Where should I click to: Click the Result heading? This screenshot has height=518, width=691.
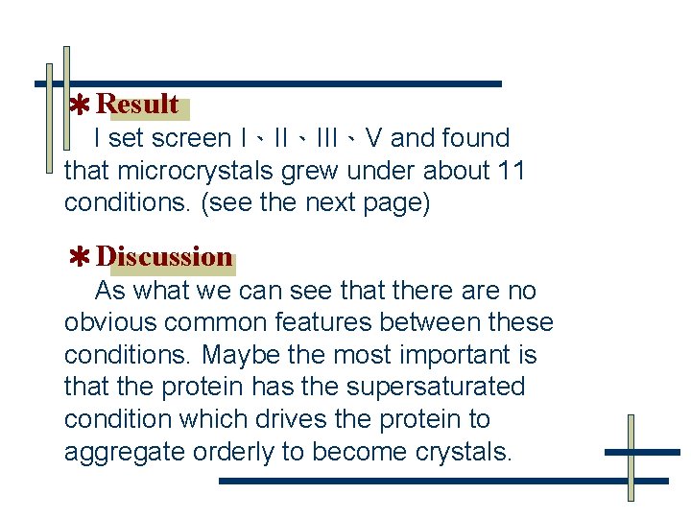pos(137,104)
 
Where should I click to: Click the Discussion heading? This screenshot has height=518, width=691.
pos(164,257)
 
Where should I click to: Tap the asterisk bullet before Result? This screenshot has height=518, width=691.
pos(82,105)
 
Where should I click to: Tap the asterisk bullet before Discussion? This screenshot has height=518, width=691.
pos(81,257)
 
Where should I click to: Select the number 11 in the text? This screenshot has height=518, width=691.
pos(512,171)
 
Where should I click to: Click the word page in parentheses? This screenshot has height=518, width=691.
pos(391,203)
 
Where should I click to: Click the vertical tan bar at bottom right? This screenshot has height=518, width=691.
pos(631,458)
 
